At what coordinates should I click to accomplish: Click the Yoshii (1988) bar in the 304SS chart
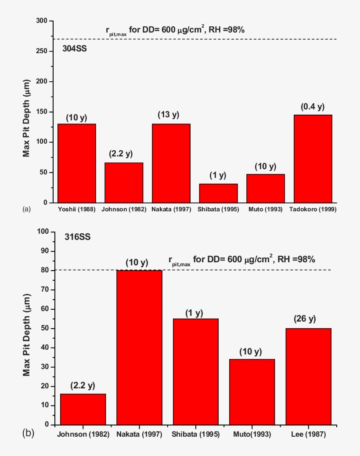click(x=77, y=163)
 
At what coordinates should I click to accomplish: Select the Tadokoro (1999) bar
click(x=313, y=159)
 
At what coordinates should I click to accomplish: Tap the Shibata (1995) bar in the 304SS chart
click(x=218, y=193)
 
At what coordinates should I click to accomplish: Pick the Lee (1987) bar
click(x=308, y=376)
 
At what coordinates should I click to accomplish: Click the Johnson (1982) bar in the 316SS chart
click(x=83, y=409)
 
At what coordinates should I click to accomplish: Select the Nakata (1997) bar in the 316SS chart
click(x=139, y=347)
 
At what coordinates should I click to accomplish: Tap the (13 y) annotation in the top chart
click(x=169, y=115)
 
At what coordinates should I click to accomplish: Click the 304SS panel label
click(x=75, y=49)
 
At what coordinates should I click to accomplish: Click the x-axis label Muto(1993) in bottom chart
click(x=252, y=434)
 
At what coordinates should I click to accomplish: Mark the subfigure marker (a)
click(x=27, y=210)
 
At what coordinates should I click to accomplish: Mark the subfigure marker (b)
click(x=28, y=434)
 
